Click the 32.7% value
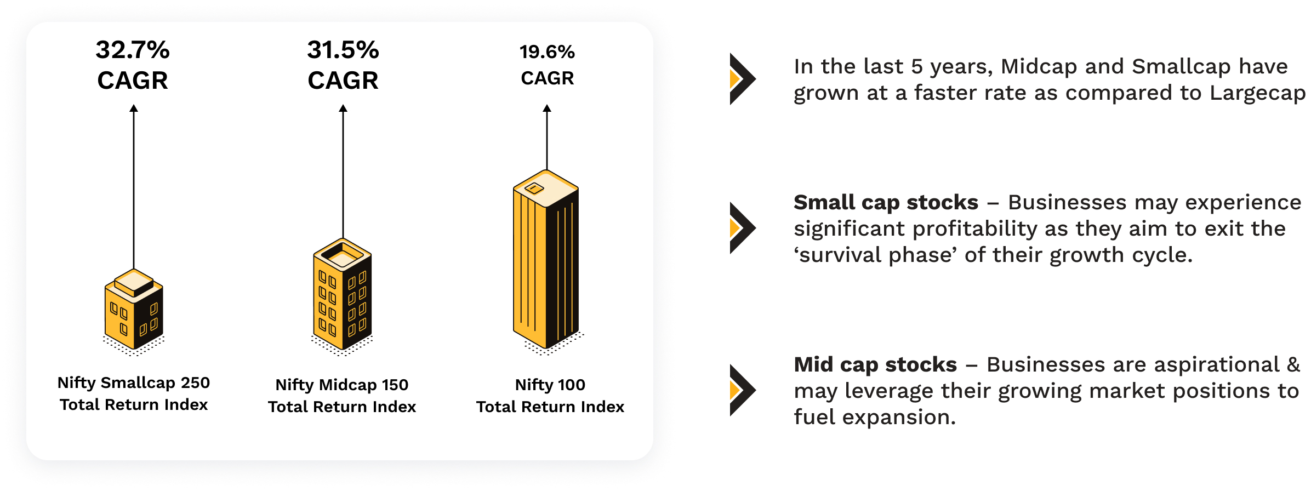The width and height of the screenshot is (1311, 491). (x=133, y=50)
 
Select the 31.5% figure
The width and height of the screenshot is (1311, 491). (x=343, y=50)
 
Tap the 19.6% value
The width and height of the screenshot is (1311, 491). (x=547, y=52)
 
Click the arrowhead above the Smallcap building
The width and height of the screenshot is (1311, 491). (x=134, y=108)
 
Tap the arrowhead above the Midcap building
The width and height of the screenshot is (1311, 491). (x=343, y=108)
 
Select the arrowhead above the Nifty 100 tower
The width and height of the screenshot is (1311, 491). (x=547, y=108)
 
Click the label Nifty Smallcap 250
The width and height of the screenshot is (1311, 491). (x=134, y=382)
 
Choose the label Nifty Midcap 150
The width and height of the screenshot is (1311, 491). (x=342, y=385)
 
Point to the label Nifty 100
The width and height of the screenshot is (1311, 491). (x=550, y=385)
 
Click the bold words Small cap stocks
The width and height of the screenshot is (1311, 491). (x=886, y=203)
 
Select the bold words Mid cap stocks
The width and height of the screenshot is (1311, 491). (x=875, y=365)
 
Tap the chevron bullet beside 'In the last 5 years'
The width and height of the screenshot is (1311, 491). (x=743, y=79)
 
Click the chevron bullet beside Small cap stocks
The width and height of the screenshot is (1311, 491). (x=743, y=228)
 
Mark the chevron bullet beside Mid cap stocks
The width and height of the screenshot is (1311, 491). (x=743, y=390)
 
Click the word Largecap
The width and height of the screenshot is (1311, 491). (x=1258, y=94)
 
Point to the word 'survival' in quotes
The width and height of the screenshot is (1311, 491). (x=838, y=255)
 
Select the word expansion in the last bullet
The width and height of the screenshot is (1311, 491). (x=899, y=418)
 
